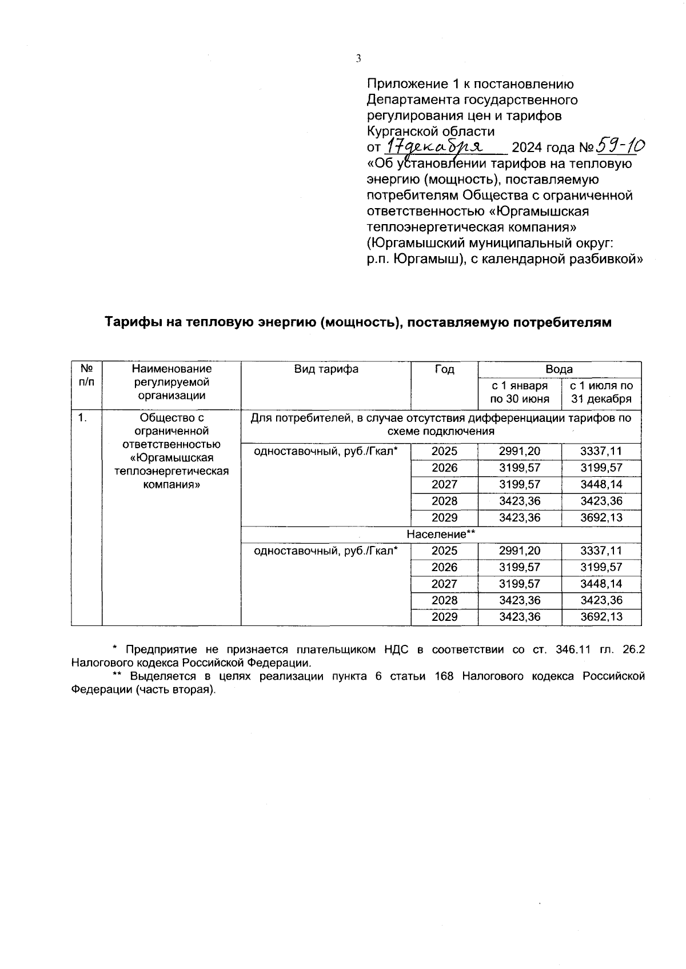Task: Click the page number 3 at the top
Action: click(358, 58)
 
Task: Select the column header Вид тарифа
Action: click(326, 369)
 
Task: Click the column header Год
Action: click(444, 369)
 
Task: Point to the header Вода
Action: click(559, 369)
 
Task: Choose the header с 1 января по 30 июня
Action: click(519, 392)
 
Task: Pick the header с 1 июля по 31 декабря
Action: click(601, 392)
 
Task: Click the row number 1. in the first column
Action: click(83, 418)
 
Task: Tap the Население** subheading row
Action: click(441, 535)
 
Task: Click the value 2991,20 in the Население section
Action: click(519, 551)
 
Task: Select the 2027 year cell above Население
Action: click(444, 485)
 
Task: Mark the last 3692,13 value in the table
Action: click(601, 617)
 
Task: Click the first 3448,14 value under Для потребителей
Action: click(601, 485)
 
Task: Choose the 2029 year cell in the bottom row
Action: click(444, 617)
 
